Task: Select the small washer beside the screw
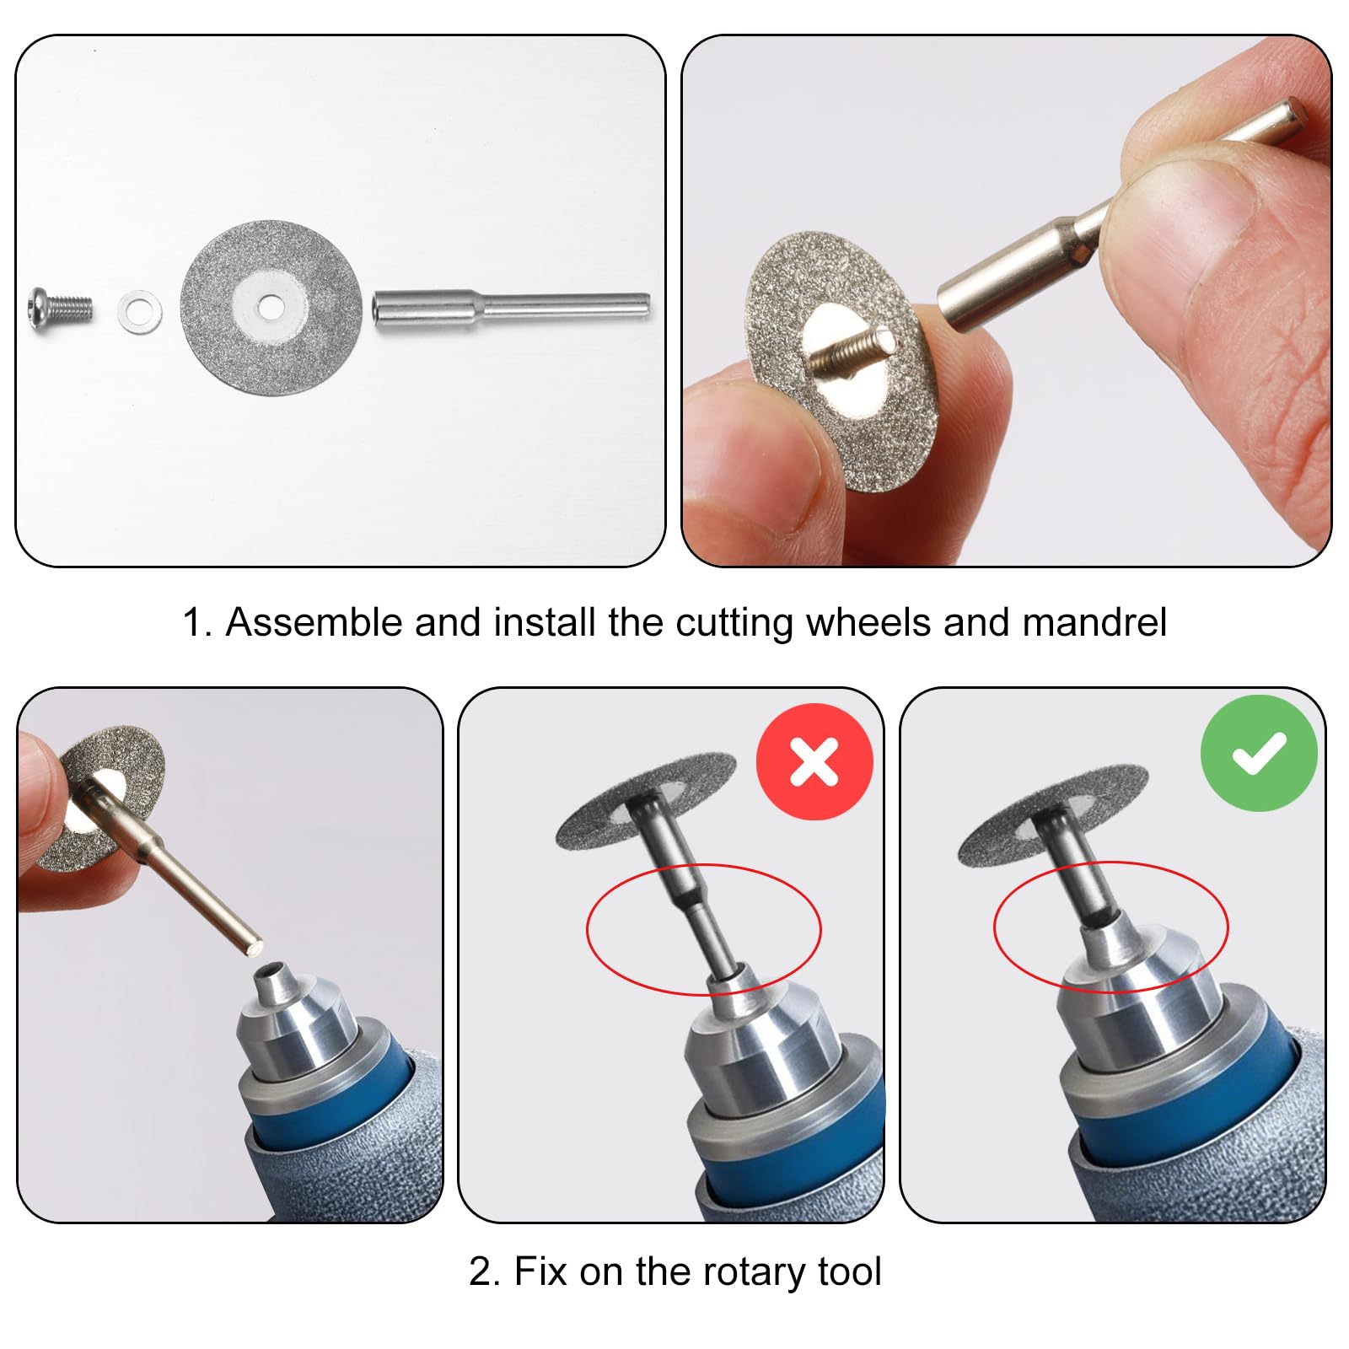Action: coord(140,312)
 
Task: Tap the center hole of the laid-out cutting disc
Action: coord(271,308)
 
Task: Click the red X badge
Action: coord(814,761)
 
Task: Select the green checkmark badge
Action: coord(1259,753)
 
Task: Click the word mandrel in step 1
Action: coord(1094,623)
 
